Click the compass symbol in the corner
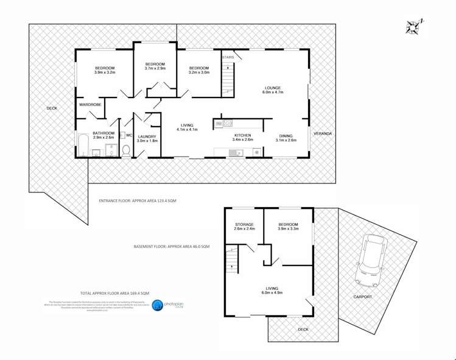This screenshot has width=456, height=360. (x=415, y=27)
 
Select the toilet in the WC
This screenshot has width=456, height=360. (x=126, y=150)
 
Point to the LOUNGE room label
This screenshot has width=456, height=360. (x=273, y=87)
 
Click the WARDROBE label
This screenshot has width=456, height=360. (x=89, y=105)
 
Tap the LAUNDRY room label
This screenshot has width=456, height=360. (x=147, y=136)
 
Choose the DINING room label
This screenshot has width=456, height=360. (x=286, y=136)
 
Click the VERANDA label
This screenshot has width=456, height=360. (x=323, y=133)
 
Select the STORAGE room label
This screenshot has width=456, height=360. (x=244, y=224)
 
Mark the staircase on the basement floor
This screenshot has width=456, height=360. (x=231, y=263)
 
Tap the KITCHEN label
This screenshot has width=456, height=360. (x=242, y=135)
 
